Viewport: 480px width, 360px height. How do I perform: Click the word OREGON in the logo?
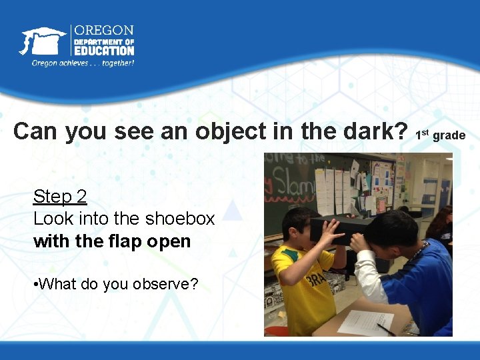click(x=104, y=31)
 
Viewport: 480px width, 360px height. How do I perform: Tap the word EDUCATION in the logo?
click(x=104, y=50)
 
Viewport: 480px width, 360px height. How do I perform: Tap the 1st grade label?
click(x=440, y=135)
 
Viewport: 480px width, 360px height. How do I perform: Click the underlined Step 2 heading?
click(x=60, y=197)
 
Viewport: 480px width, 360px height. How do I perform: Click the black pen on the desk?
click(x=385, y=329)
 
